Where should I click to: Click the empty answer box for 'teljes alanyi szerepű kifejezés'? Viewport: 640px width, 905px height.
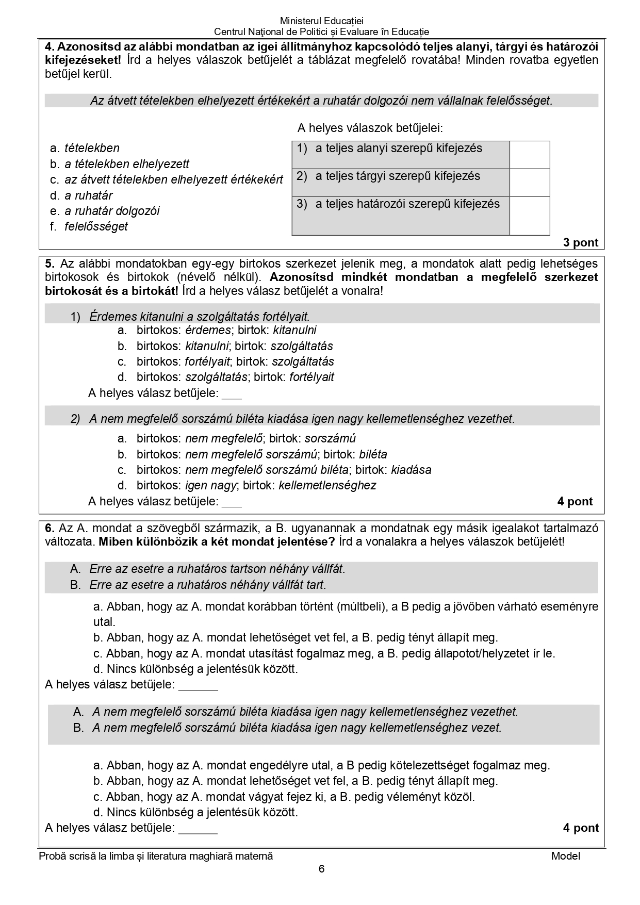point(529,154)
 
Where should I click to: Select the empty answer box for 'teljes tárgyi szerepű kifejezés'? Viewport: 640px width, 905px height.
point(529,182)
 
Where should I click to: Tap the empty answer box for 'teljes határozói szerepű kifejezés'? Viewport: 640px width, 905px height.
point(529,216)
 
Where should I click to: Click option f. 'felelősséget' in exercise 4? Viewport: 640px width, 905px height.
point(96,226)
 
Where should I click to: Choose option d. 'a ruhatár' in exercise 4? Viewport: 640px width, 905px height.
point(88,195)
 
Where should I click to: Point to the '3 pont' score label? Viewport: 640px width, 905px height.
point(581,243)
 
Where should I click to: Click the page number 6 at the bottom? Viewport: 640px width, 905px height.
point(322,869)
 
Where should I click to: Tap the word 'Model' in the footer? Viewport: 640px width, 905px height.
point(565,856)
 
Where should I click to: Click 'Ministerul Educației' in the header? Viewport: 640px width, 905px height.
point(321,21)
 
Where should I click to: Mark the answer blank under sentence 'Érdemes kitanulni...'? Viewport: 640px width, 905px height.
point(231,394)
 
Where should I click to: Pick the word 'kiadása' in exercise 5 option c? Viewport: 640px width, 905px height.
point(411,470)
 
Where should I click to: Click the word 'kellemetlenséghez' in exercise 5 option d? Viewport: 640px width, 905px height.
point(327,485)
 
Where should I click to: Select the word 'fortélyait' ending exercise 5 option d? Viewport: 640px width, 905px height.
point(311,377)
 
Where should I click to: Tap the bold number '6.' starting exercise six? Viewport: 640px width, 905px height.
point(50,528)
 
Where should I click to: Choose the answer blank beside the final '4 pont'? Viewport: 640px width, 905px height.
point(198,829)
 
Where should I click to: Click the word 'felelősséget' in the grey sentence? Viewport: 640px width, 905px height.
point(519,101)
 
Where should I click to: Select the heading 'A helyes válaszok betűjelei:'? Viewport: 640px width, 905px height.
point(370,128)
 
